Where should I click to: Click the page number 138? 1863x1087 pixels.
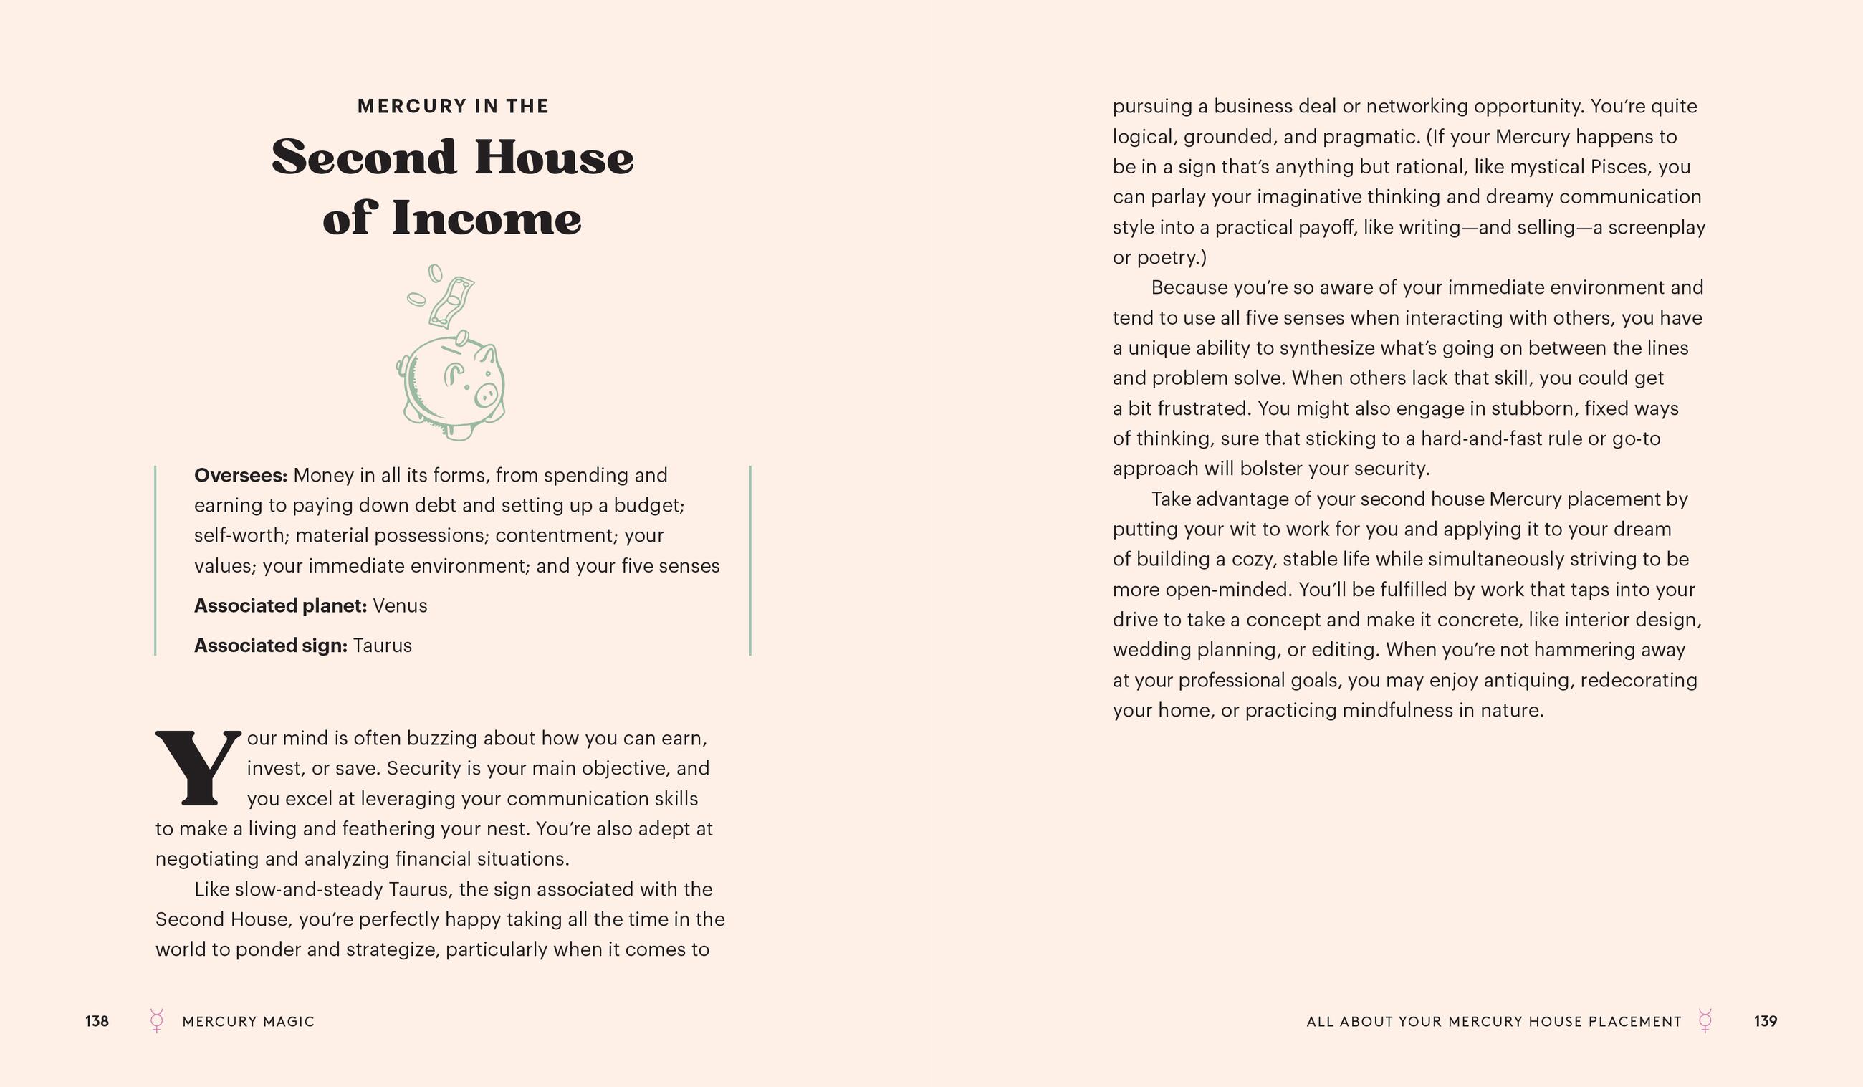pyautogui.click(x=97, y=1021)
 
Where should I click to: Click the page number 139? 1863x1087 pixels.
pyautogui.click(x=1766, y=1021)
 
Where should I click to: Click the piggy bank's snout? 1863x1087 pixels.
pyautogui.click(x=486, y=394)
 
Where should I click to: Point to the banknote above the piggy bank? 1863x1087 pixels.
pyautogui.click(x=451, y=302)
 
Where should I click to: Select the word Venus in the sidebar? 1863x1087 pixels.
pyautogui.click(x=400, y=605)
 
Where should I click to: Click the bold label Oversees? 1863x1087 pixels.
pyautogui.click(x=240, y=475)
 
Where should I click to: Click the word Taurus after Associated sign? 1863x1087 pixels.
pyautogui.click(x=382, y=646)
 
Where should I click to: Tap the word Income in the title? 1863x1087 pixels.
pyautogui.click(x=487, y=219)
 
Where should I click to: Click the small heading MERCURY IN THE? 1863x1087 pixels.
pyautogui.click(x=453, y=107)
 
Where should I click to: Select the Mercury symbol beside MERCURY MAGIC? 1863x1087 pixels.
pyautogui.click(x=157, y=1020)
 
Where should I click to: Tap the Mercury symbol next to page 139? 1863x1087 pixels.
pyautogui.click(x=1705, y=1020)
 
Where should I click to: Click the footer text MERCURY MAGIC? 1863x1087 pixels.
pyautogui.click(x=249, y=1022)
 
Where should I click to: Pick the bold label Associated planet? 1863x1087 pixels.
pyautogui.click(x=280, y=605)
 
